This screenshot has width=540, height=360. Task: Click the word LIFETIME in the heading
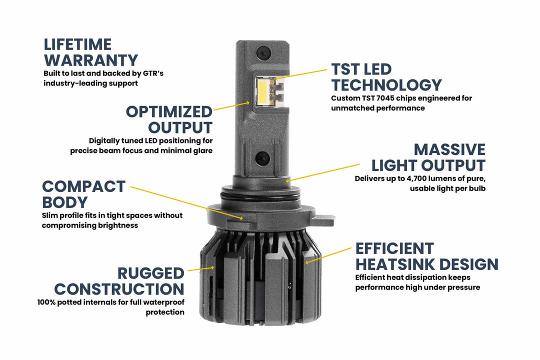78,44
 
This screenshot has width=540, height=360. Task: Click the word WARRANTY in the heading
90,60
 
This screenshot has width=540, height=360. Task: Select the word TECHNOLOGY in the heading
386,85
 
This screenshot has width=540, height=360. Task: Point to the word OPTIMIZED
169,111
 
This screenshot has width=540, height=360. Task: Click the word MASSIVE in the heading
449,149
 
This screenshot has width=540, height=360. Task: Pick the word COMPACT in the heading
83,186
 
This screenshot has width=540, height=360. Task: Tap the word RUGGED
151,273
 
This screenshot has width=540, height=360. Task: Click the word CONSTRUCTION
119,289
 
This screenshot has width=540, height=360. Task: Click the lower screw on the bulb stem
262,159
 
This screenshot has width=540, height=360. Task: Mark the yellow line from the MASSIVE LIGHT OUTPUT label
325,171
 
